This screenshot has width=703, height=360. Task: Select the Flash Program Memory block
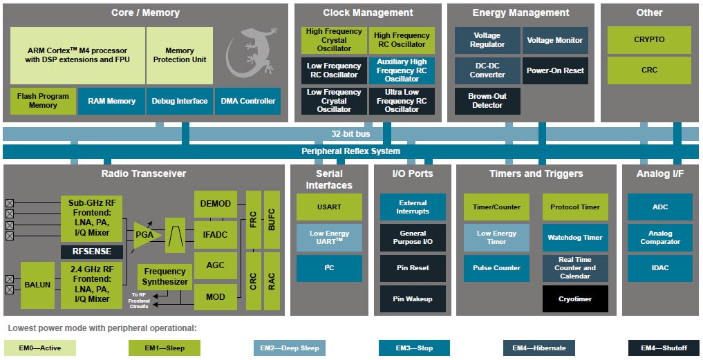click(43, 101)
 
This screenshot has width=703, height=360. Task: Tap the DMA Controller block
click(247, 101)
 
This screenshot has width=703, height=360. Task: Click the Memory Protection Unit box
click(180, 55)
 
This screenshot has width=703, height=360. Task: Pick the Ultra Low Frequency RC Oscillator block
click(402, 101)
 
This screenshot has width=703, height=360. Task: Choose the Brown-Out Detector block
click(487, 101)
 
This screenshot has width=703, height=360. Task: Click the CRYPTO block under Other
click(649, 40)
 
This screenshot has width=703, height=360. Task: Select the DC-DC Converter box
click(487, 70)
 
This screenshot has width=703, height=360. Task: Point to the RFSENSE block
click(92, 252)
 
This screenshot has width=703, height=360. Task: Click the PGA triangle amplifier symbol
click(146, 235)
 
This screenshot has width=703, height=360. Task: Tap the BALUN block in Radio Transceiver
click(37, 285)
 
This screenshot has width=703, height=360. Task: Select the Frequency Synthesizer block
click(165, 276)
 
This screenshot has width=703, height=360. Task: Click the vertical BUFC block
click(272, 220)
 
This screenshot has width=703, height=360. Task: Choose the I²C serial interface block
click(329, 268)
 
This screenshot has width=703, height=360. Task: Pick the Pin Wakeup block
click(413, 299)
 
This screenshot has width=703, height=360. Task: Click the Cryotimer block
click(575, 299)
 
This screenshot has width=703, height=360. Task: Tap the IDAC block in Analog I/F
click(659, 268)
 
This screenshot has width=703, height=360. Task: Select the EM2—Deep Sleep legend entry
click(290, 348)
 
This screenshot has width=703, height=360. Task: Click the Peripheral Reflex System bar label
click(350, 151)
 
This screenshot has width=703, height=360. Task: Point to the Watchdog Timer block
click(575, 238)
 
